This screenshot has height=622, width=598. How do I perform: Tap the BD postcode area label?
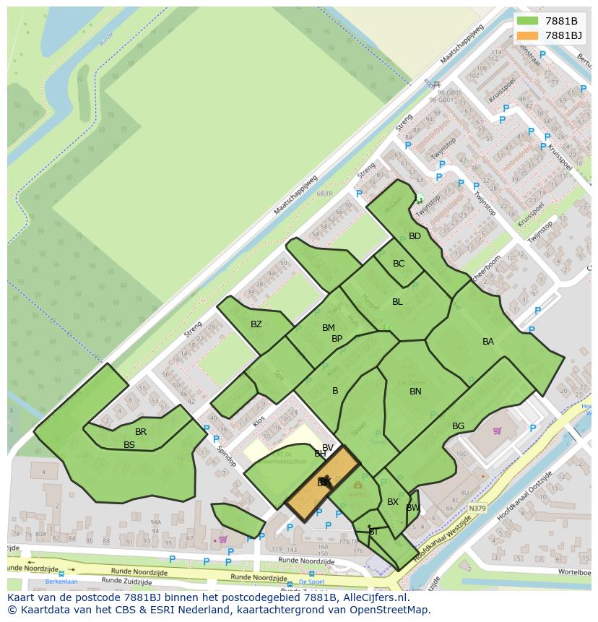click(415, 236)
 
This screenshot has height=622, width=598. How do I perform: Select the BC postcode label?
click(399, 264)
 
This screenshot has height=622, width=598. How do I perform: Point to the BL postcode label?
click(397, 302)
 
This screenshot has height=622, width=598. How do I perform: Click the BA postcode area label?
click(488, 342)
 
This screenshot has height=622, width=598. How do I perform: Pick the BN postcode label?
click(415, 392)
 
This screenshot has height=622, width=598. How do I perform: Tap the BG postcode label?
click(458, 426)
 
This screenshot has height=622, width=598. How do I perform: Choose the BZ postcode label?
click(256, 324)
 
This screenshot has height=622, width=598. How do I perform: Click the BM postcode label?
click(329, 328)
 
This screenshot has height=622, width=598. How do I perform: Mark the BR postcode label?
click(141, 432)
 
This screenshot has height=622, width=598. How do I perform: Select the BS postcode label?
click(129, 445)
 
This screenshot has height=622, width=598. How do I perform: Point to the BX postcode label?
click(393, 502)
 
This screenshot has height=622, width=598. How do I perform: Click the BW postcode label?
click(412, 508)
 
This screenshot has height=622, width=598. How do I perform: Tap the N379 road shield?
click(477, 509)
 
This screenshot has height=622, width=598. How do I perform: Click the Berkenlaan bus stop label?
click(61, 581)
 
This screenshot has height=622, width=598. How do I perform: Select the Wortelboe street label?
click(575, 571)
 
